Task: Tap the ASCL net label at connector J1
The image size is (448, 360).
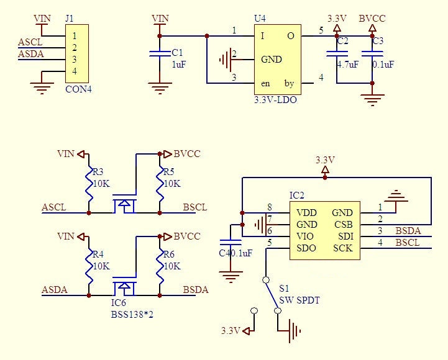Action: coord(30,42)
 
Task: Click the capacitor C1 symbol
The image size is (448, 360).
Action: coord(160,55)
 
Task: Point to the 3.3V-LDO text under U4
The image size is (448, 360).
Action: coord(275,99)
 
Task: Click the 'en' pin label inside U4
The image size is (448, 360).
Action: coord(265,83)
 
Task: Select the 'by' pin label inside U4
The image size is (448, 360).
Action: coord(290,83)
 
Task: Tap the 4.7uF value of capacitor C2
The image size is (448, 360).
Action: coord(347,64)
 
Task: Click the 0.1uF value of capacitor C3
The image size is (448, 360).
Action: coord(383,64)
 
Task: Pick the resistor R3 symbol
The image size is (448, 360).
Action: coord(89,184)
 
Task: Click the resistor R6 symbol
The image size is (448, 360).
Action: coord(160,266)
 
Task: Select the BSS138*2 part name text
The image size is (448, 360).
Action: coord(132,315)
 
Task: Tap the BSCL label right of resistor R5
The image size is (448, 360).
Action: coord(195,207)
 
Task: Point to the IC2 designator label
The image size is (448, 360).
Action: coord(298,196)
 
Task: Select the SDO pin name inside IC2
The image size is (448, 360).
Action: coord(306,248)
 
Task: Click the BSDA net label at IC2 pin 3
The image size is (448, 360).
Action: coord(408,231)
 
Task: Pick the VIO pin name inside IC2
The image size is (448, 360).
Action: coord(306,236)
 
